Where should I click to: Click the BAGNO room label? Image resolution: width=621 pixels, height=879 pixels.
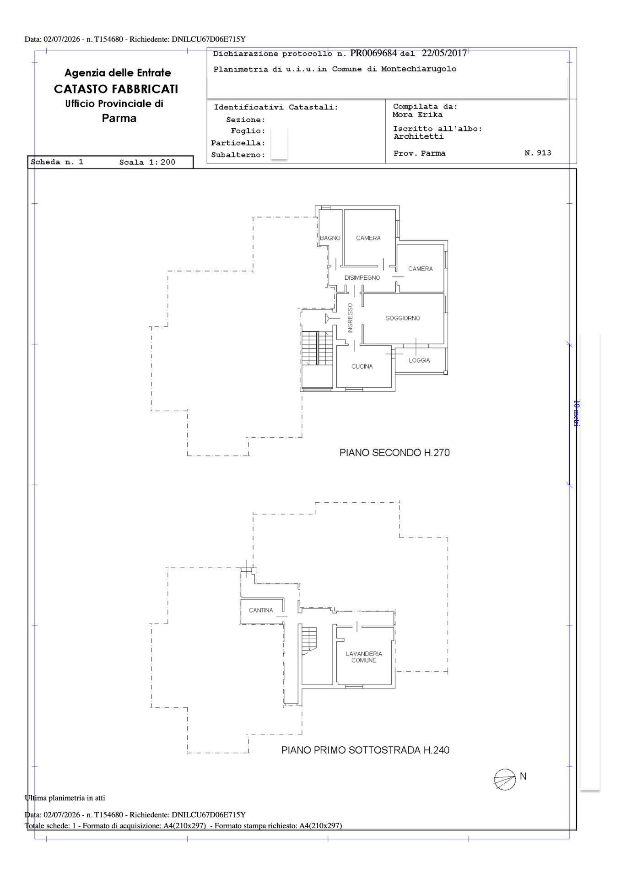pyautogui.click(x=330, y=238)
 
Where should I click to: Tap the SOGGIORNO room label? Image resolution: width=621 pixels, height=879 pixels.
pyautogui.click(x=403, y=318)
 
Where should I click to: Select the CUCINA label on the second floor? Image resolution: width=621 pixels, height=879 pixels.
pyautogui.click(x=362, y=366)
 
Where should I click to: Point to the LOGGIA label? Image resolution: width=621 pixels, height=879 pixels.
pyautogui.click(x=419, y=360)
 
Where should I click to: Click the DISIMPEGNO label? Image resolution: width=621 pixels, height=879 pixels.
pyautogui.click(x=362, y=278)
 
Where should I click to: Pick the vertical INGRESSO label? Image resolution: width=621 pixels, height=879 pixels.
pyautogui.click(x=350, y=318)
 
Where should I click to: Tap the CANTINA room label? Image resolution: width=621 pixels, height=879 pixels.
pyautogui.click(x=261, y=610)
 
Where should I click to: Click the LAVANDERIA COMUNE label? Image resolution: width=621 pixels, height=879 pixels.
pyautogui.click(x=364, y=657)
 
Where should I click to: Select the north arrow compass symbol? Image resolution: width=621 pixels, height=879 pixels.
pyautogui.click(x=504, y=779)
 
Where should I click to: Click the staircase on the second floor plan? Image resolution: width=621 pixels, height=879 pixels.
pyautogui.click(x=317, y=348)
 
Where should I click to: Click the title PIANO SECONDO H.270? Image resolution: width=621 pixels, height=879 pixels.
pyautogui.click(x=394, y=453)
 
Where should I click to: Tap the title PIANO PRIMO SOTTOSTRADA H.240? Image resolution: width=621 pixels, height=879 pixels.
pyautogui.click(x=365, y=750)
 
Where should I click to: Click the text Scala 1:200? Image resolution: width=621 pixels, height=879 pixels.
pyautogui.click(x=147, y=162)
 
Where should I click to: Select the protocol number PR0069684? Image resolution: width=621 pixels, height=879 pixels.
pyautogui.click(x=373, y=53)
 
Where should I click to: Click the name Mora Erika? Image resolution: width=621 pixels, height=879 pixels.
pyautogui.click(x=417, y=115)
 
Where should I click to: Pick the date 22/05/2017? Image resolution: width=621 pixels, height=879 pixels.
pyautogui.click(x=444, y=53)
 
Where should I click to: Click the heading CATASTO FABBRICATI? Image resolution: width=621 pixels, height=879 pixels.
pyautogui.click(x=116, y=89)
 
